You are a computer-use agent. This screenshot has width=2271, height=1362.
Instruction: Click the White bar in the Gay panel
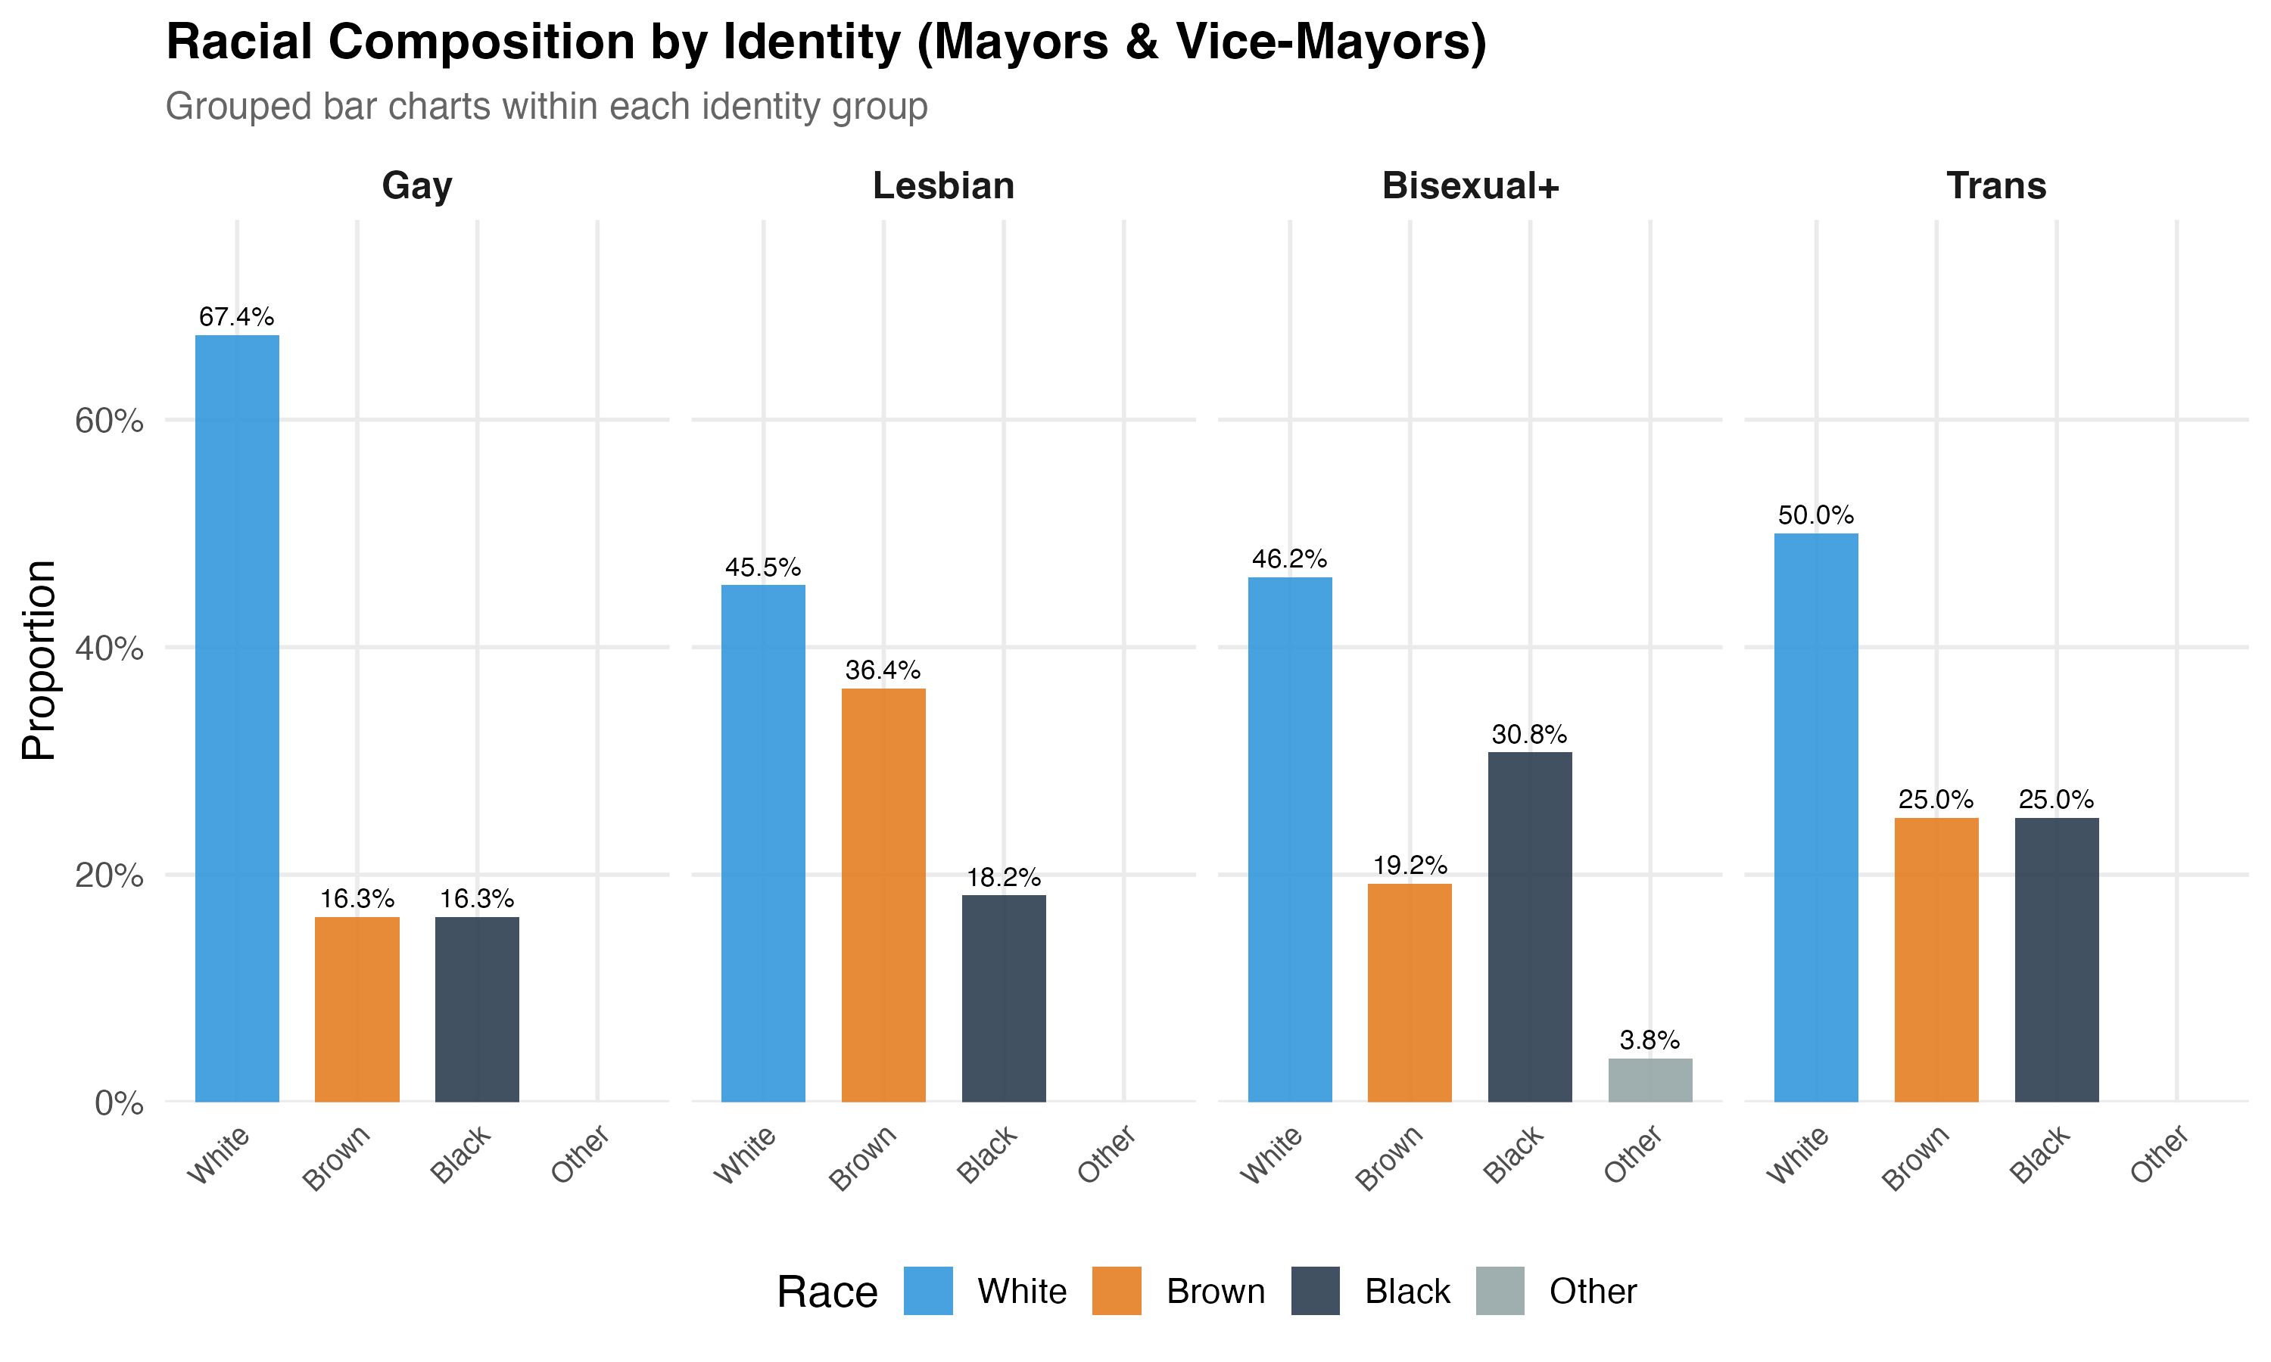pyautogui.click(x=237, y=718)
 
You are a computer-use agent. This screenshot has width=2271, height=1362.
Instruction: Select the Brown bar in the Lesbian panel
pyautogui.click(x=883, y=895)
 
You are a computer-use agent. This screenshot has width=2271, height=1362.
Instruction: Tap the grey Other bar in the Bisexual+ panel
pyautogui.click(x=1650, y=1081)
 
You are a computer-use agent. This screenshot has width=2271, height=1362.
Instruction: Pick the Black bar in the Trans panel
pyautogui.click(x=2056, y=959)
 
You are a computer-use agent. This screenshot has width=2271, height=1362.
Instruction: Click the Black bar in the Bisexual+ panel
pyautogui.click(x=1529, y=927)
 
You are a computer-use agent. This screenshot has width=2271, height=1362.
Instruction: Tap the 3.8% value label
pyautogui.click(x=1650, y=1040)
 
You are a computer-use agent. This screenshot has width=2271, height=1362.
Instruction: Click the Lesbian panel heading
pyautogui.click(x=944, y=186)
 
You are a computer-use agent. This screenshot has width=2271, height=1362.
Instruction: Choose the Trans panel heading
pyautogui.click(x=1996, y=186)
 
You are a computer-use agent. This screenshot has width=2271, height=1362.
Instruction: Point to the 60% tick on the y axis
pyautogui.click(x=109, y=421)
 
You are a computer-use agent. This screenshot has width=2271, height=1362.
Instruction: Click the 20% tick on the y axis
pyautogui.click(x=109, y=875)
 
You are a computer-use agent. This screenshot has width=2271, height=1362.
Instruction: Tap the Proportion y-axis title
pyautogui.click(x=39, y=660)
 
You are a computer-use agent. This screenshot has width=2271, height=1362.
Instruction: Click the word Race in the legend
pyautogui.click(x=827, y=1292)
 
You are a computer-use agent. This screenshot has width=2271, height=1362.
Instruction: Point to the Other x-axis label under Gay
pyautogui.click(x=580, y=1154)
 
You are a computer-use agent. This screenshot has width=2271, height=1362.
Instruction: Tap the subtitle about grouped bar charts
pyautogui.click(x=547, y=107)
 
